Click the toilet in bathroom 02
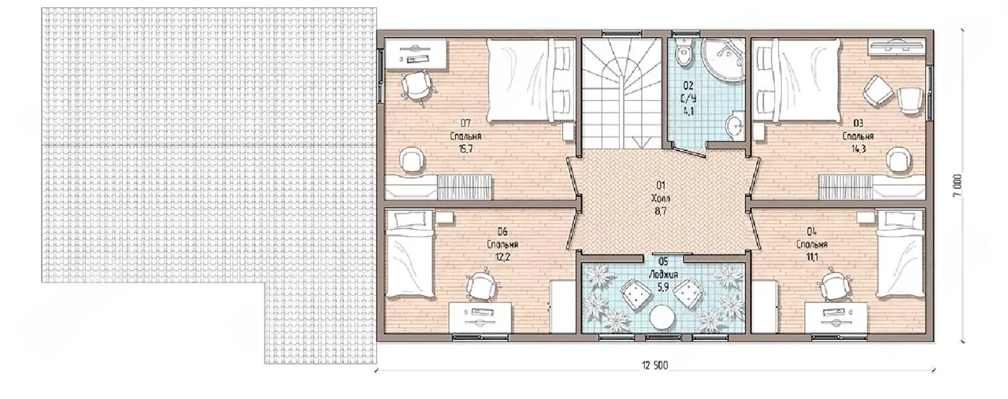[683, 53]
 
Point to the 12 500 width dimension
[654, 366]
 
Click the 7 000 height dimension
[957, 185]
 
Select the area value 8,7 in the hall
[661, 212]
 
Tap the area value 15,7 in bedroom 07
[465, 149]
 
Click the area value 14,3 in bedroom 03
[858, 149]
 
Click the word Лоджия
[663, 275]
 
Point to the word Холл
[661, 198]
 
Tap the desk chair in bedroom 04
[834, 285]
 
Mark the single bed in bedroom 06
[410, 253]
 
